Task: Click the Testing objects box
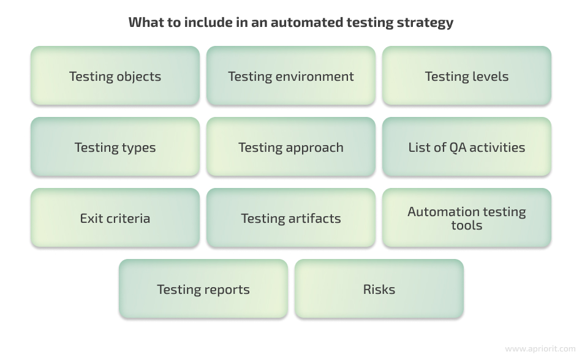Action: [x=115, y=76]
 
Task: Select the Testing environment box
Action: [x=291, y=76]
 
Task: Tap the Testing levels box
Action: [x=467, y=76]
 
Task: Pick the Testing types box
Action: [x=115, y=147]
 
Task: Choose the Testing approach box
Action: [x=291, y=147]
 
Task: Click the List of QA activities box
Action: [x=467, y=147]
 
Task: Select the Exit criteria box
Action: [x=115, y=217]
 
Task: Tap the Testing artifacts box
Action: [x=291, y=217]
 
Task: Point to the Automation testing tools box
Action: [x=467, y=217]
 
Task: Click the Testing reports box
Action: [x=203, y=289]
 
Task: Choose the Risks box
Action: [x=379, y=289]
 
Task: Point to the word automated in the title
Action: [x=306, y=22]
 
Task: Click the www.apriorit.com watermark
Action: [x=540, y=349]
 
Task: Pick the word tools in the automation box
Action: [x=467, y=225]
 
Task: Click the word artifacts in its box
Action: [x=314, y=219]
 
